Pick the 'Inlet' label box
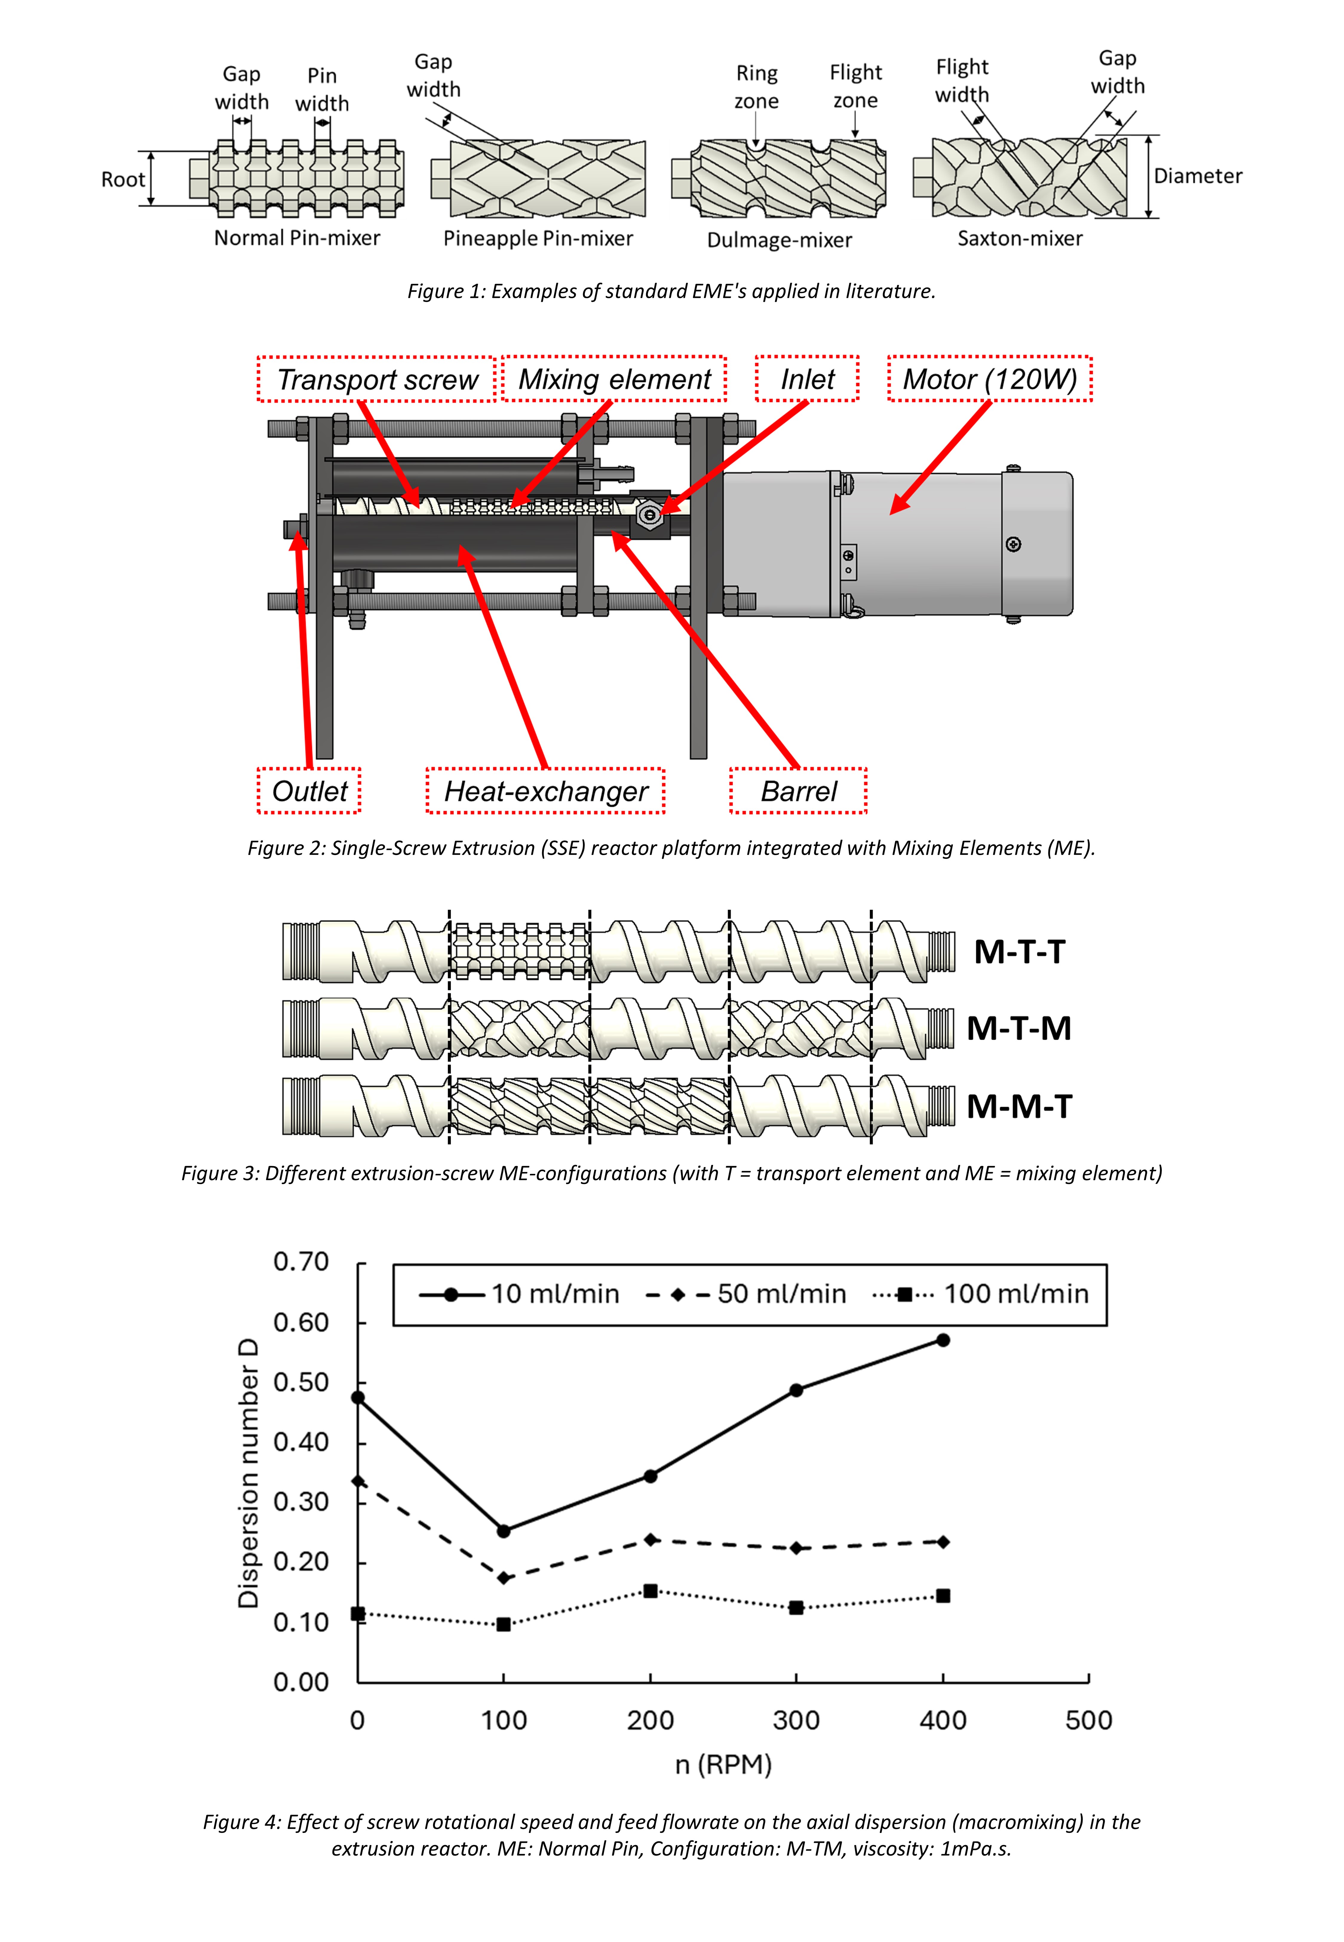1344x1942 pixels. click(x=807, y=379)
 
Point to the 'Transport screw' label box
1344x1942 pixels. click(x=376, y=379)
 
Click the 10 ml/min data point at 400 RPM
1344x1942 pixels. click(x=943, y=1340)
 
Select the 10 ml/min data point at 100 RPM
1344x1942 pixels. click(x=504, y=1531)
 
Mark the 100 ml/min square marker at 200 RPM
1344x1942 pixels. click(x=650, y=1591)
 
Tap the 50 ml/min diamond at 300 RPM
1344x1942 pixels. click(x=797, y=1548)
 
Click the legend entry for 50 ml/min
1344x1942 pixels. click(x=746, y=1294)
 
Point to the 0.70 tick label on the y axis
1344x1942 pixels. click(x=301, y=1261)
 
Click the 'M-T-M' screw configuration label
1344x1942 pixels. click(x=1019, y=1028)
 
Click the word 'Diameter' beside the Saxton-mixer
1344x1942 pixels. click(x=1197, y=176)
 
